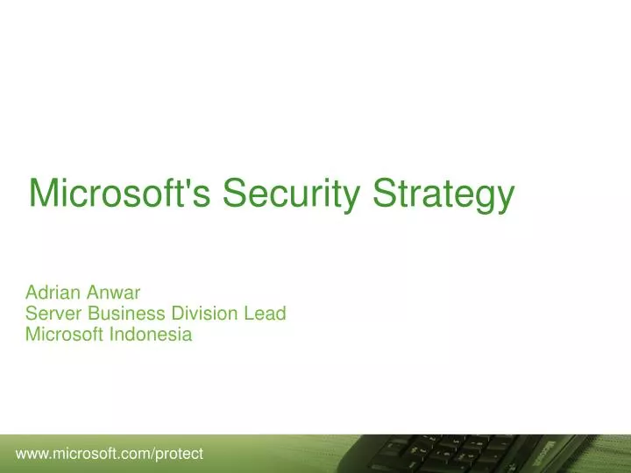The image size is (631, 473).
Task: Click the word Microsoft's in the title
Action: pos(120,194)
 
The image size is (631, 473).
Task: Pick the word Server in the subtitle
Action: pos(50,313)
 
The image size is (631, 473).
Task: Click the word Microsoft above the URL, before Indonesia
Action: pos(65,333)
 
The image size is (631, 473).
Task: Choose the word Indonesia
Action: pos(151,333)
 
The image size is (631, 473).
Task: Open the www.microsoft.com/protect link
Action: pos(110,453)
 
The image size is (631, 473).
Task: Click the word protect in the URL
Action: pos(180,454)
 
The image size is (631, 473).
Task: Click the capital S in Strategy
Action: pos(383,194)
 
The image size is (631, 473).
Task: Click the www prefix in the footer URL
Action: pos(32,454)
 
